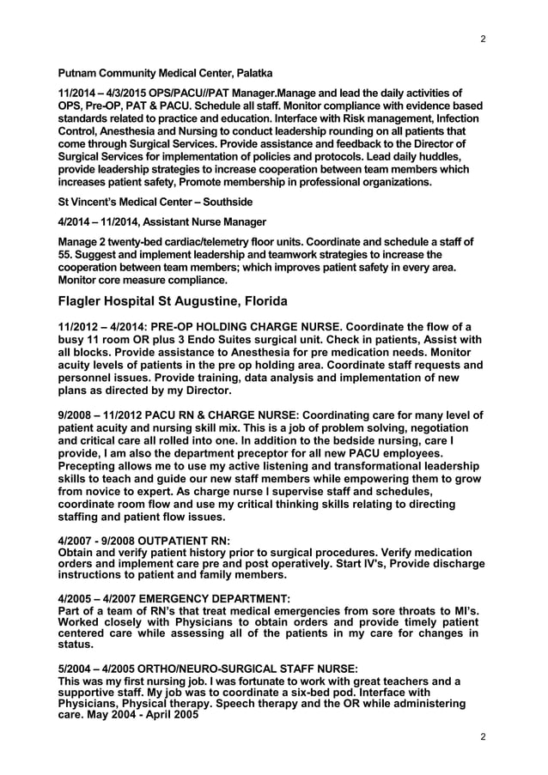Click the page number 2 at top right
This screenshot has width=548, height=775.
pos(483,39)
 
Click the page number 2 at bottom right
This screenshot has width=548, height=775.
pos(483,737)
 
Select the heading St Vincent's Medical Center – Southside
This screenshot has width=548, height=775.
pos(155,202)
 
